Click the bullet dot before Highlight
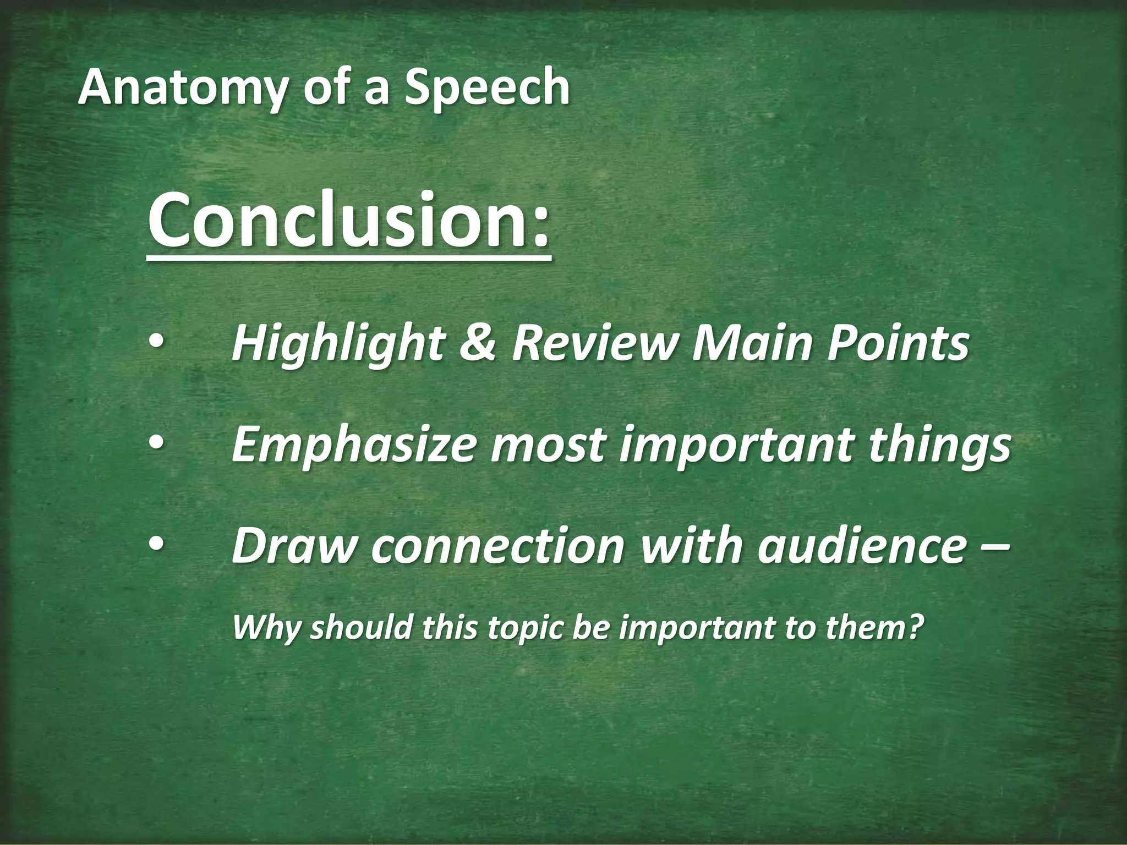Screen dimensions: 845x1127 coord(156,342)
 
